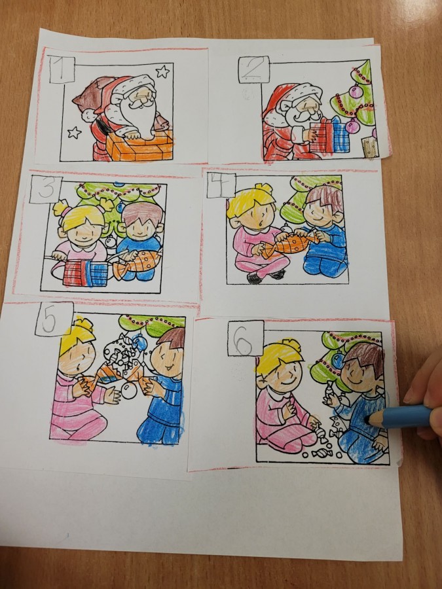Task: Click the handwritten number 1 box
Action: (x=62, y=69)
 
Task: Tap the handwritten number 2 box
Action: (x=254, y=69)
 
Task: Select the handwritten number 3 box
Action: (x=45, y=189)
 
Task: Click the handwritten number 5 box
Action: (x=54, y=319)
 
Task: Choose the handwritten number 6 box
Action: (x=246, y=338)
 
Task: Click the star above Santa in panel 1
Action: (x=162, y=71)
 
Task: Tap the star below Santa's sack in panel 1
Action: (x=74, y=132)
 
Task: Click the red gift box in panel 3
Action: (x=75, y=273)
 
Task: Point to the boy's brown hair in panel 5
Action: (x=172, y=338)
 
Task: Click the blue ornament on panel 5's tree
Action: (x=140, y=342)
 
